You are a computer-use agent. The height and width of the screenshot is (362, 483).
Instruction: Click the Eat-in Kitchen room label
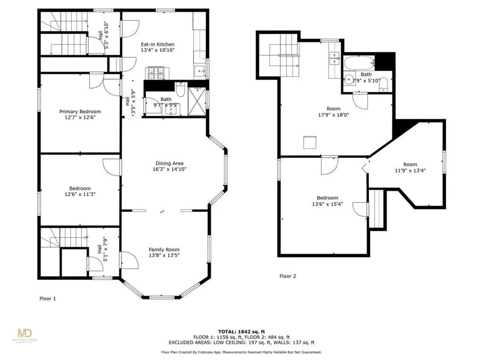pos(158,44)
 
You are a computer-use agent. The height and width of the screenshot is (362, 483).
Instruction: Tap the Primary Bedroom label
pos(80,111)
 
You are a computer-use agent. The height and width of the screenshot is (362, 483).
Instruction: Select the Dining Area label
pos(169,164)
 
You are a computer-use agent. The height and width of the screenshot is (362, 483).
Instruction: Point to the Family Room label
pos(164,250)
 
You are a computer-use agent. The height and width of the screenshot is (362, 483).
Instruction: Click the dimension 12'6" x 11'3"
pos(80,194)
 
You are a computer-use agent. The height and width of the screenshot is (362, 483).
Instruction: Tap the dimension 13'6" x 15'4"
pos(327,204)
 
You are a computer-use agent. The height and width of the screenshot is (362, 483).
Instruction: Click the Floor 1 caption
pos(48,298)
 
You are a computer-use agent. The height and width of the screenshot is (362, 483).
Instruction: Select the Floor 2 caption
pos(288,276)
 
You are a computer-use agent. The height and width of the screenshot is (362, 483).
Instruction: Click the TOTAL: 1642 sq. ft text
pos(241,331)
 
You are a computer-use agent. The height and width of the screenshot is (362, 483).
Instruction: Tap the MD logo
pos(25,334)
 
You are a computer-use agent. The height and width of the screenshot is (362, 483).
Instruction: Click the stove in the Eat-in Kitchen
pos(154,73)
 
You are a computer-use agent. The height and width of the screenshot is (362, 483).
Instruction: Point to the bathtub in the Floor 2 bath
pos(359,63)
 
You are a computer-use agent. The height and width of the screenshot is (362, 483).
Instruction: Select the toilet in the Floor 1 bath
pos(180,89)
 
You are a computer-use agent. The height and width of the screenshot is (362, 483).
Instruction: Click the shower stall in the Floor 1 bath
pos(197,102)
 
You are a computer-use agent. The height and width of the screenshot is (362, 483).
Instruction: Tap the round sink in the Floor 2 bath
pos(349,80)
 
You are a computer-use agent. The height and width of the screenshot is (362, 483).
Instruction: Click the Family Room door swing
pos(129,260)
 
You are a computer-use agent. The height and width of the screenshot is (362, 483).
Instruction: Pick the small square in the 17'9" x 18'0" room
pos(310,142)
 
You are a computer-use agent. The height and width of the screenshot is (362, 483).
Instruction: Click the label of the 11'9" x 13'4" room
pos(410,165)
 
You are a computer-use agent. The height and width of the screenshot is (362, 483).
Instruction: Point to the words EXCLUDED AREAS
pos(188,342)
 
